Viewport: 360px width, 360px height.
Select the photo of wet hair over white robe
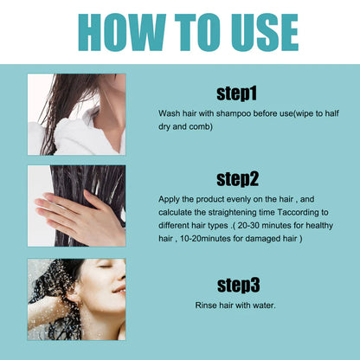[76, 114]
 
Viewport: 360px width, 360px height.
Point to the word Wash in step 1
[170, 113]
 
